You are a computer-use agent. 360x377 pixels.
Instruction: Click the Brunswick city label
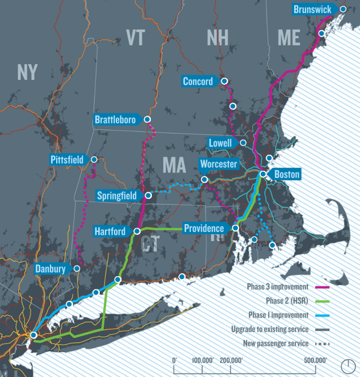[x=312, y=9]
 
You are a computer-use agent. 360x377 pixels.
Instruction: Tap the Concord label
[x=198, y=81]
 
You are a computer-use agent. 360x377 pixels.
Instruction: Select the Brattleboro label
[x=115, y=120]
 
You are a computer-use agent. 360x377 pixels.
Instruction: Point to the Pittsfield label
[x=67, y=159]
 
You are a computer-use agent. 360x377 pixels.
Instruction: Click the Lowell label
[x=221, y=143]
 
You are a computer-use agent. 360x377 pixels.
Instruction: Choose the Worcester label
[x=218, y=164]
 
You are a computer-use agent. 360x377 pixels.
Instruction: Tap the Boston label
[x=287, y=174]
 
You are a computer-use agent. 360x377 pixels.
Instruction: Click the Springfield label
[x=117, y=196]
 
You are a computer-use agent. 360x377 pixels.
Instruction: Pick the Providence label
[x=204, y=229]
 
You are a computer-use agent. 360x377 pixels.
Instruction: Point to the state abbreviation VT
[x=135, y=38]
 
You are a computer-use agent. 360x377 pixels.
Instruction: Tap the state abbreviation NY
[x=28, y=72]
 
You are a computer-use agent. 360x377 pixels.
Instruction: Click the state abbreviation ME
[x=288, y=38]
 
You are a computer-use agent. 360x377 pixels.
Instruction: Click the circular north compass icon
[x=348, y=365]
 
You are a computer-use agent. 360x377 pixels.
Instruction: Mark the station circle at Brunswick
[x=343, y=9]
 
